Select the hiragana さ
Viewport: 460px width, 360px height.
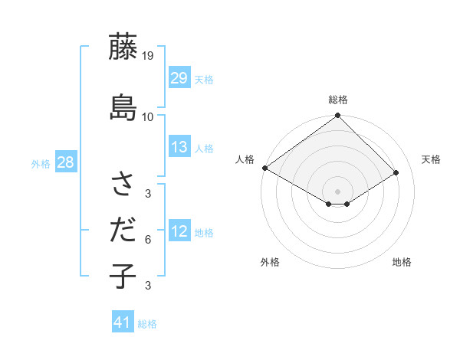[x=123, y=184]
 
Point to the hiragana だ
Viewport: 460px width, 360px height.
[x=123, y=230]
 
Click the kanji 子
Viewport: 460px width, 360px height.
[x=123, y=276]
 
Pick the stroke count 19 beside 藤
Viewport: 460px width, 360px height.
[x=148, y=55]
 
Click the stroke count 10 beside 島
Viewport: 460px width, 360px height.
[x=148, y=116]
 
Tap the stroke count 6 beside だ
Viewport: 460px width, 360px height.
[x=148, y=240]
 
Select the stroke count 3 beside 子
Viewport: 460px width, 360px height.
[x=148, y=286]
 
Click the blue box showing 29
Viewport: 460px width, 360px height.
[x=179, y=78]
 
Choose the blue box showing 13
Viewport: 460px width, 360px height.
[x=179, y=147]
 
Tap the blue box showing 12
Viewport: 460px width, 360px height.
[x=179, y=231]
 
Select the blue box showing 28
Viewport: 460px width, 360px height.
[x=65, y=162]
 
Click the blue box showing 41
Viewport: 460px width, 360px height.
[x=123, y=322]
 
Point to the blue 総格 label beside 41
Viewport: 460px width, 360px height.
[x=147, y=324]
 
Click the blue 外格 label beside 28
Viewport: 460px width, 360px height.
[x=41, y=163]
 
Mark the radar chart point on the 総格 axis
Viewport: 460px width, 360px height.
[x=337, y=116]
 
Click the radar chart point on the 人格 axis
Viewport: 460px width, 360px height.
[x=264, y=168]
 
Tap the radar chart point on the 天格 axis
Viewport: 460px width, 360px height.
[x=397, y=172]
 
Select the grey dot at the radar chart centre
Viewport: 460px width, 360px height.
[x=337, y=190]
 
